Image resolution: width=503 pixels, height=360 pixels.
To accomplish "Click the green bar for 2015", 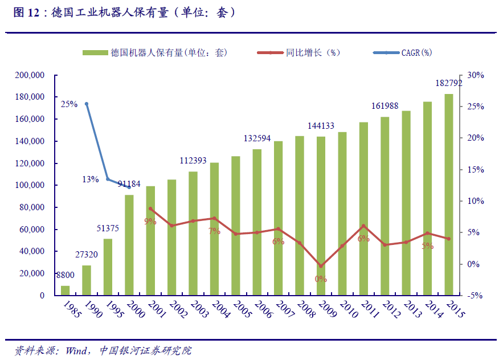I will (x=449, y=194).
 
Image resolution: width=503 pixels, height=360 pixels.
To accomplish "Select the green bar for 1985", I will (x=66, y=291).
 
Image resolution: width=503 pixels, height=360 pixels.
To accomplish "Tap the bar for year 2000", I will (x=129, y=245).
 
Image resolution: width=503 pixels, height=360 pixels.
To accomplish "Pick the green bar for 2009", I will (x=321, y=216).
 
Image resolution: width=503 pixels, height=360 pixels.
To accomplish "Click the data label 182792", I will (x=448, y=83).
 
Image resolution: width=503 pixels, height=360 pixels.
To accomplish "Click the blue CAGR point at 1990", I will (x=87, y=104).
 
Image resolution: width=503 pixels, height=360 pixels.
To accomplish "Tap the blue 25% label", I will (x=69, y=104).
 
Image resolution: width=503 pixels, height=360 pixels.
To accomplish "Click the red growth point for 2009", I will (x=321, y=266).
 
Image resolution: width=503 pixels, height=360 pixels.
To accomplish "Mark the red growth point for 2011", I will (x=363, y=226).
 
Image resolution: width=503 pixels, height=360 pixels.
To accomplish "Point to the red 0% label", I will (x=321, y=279).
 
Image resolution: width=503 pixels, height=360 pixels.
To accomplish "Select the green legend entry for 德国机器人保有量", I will (x=154, y=53).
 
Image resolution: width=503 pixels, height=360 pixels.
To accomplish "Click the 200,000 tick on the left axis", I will (x=30, y=75).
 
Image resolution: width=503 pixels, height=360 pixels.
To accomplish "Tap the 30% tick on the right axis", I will (x=475, y=75).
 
